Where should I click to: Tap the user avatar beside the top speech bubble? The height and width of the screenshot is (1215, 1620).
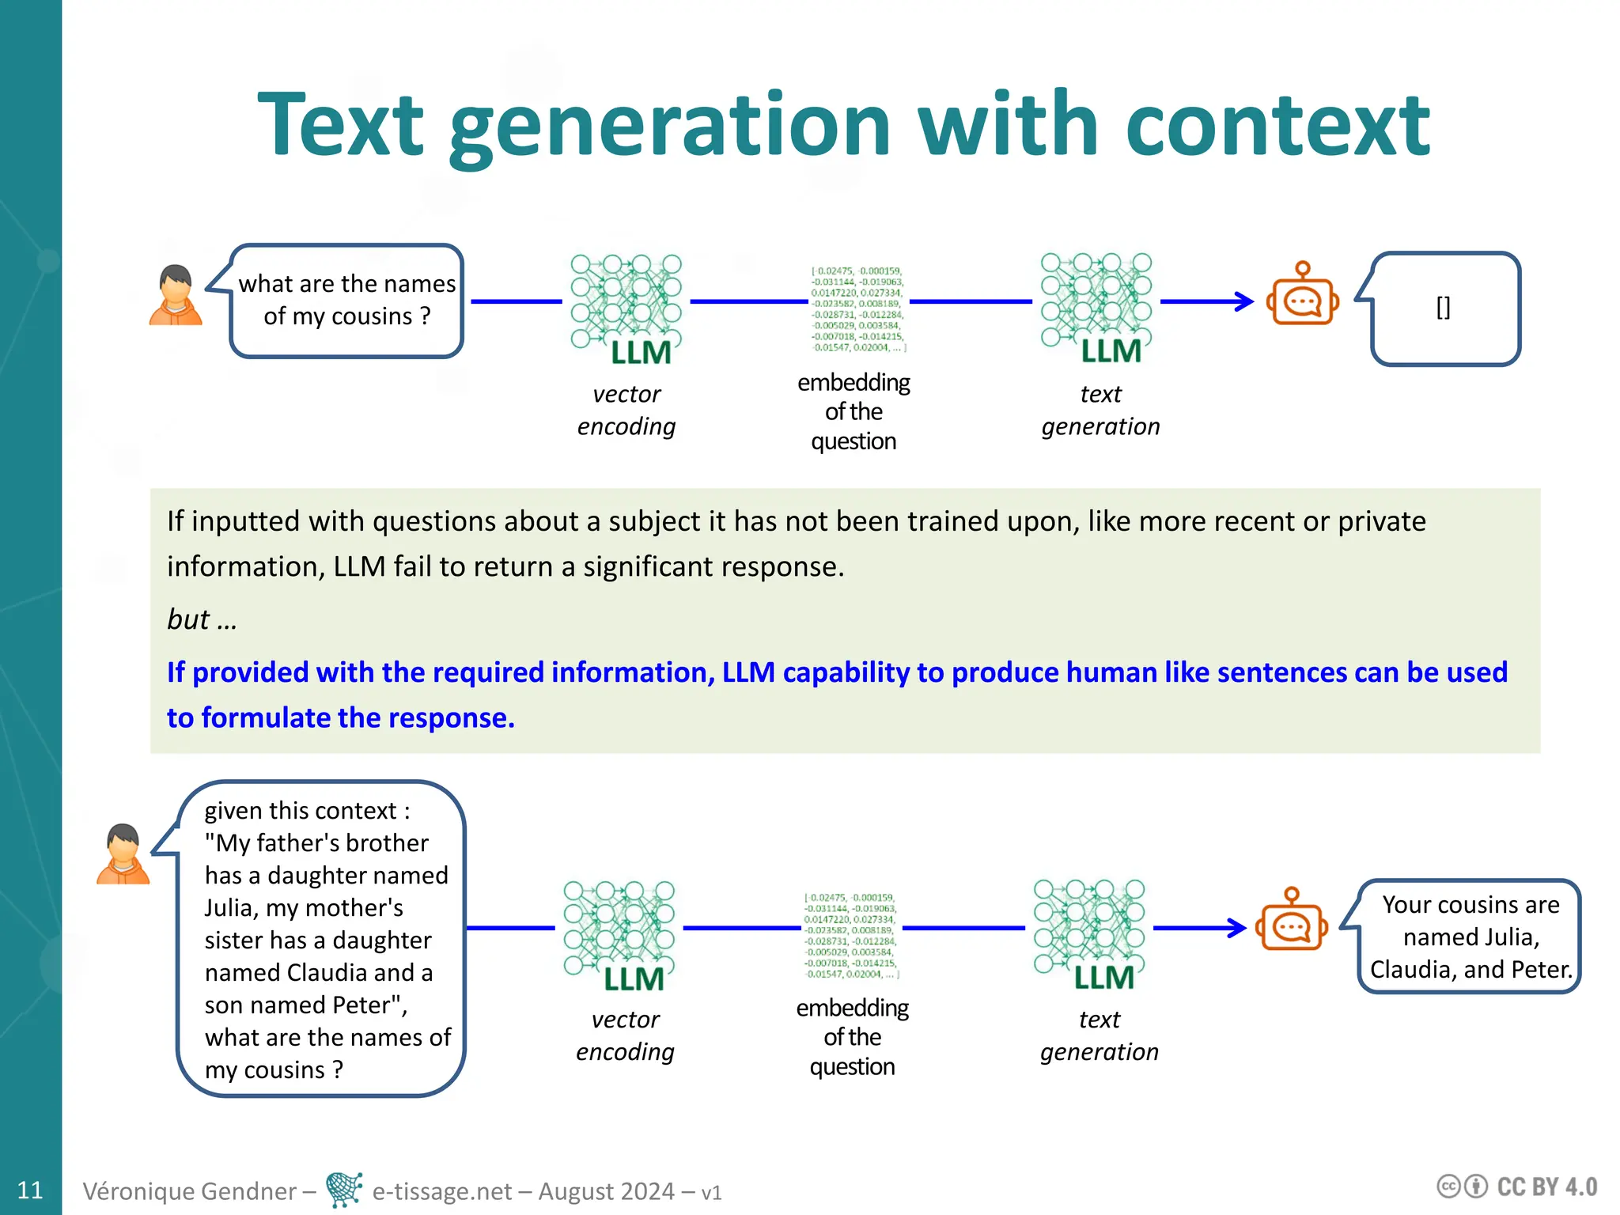point(176,295)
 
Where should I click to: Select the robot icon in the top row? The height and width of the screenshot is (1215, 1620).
point(1302,295)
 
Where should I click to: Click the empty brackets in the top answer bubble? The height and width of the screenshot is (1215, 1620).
point(1443,307)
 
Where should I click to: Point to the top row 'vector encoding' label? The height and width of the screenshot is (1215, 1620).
point(626,410)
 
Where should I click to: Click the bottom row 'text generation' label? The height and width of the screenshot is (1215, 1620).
point(1099,1035)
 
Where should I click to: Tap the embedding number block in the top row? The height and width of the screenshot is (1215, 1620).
point(857,309)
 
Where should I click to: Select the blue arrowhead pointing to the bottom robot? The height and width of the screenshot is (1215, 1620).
point(1238,928)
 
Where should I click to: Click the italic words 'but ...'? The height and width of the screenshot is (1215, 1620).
point(202,619)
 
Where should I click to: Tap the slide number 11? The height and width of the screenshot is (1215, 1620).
point(30,1190)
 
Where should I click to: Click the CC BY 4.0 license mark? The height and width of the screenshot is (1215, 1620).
point(1516,1187)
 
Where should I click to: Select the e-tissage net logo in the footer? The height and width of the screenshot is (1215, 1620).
point(344,1190)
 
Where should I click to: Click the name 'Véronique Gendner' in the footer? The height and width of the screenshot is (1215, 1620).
point(190,1190)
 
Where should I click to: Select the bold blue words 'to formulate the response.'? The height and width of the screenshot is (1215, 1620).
point(340,717)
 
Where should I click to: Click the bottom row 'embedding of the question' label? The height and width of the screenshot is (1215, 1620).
point(852,1037)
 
